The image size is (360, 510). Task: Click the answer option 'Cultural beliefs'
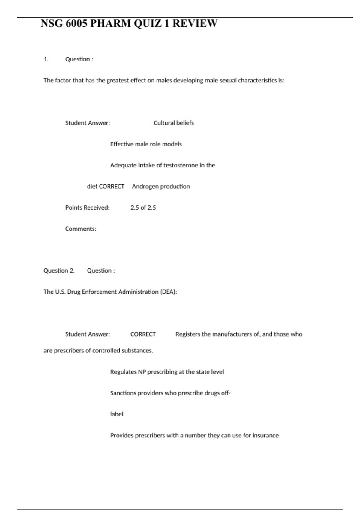click(174, 123)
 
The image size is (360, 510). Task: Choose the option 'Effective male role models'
click(146, 144)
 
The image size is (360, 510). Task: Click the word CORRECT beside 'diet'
click(111, 187)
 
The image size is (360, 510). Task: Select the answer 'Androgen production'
click(161, 187)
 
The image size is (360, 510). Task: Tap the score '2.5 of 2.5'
click(143, 208)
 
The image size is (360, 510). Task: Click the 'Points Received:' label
click(87, 208)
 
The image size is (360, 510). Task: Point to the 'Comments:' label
click(81, 229)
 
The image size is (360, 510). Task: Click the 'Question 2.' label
click(59, 271)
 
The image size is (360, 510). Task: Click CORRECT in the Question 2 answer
click(143, 334)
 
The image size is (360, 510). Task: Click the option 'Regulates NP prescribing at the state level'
click(167, 372)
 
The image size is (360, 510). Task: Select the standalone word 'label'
click(117, 414)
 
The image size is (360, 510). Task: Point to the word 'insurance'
click(265, 435)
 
